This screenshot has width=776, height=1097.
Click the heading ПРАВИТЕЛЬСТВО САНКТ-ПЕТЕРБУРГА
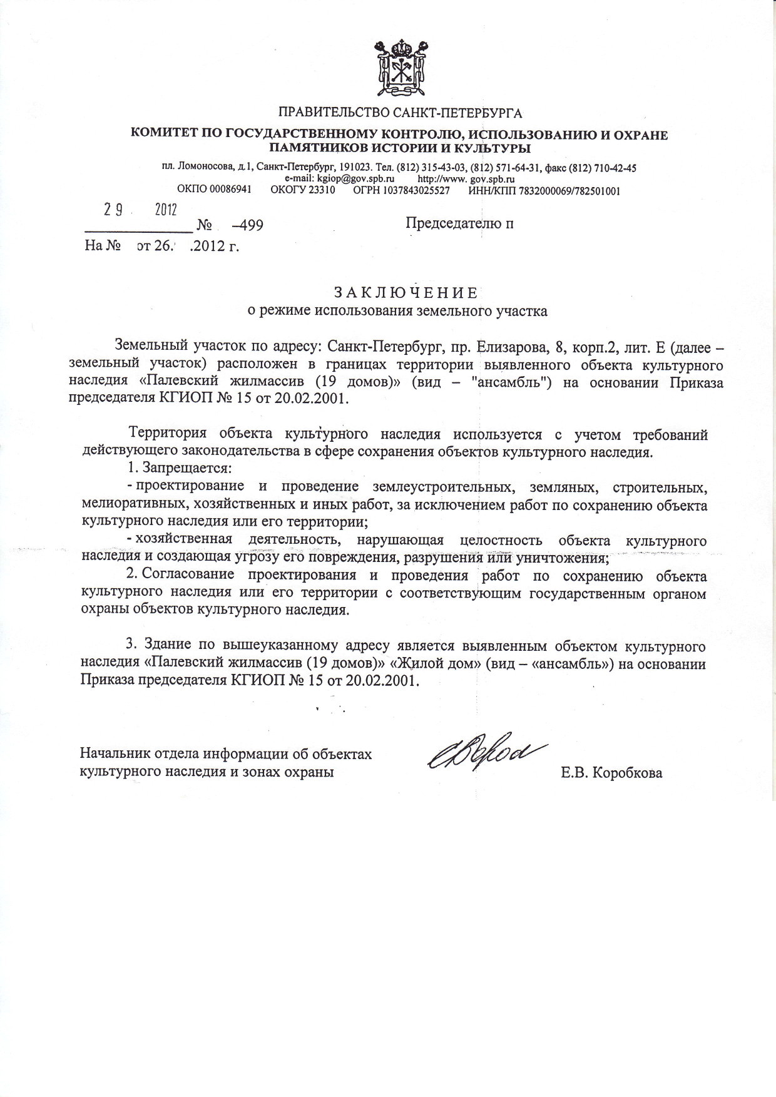pos(400,113)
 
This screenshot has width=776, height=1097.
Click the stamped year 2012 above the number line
pos(166,210)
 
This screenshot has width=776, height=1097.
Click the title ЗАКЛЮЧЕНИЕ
pos(406,293)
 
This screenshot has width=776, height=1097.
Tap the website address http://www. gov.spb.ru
pos(466,178)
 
